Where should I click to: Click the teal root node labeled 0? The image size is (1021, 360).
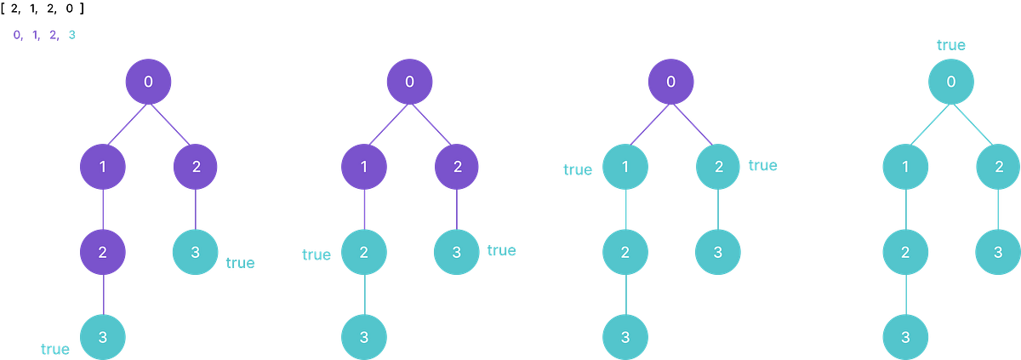[x=951, y=82]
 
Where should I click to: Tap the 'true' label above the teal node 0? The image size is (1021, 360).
[x=951, y=45]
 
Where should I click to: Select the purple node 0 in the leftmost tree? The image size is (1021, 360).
[x=148, y=82]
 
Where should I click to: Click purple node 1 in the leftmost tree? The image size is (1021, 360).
[x=102, y=167]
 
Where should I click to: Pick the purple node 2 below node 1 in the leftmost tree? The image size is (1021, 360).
[x=102, y=252]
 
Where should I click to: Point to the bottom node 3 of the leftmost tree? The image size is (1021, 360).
[x=102, y=336]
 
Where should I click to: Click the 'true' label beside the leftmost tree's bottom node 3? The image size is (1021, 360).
[x=54, y=348]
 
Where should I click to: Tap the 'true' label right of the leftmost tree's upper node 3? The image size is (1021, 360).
[x=240, y=263]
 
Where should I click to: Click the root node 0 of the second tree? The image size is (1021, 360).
[x=410, y=82]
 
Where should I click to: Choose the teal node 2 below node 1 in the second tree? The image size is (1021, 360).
[x=364, y=252]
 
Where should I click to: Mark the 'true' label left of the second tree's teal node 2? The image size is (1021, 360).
[x=316, y=255]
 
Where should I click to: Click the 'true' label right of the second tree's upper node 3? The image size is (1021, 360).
[x=501, y=251]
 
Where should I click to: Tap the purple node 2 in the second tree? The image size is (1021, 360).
[x=457, y=167]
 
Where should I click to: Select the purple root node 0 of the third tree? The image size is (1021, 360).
[x=671, y=82]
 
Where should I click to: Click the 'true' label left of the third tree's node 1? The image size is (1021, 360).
[x=577, y=170]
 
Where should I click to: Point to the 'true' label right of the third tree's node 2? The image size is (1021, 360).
[x=762, y=165]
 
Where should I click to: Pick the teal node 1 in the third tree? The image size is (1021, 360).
[x=625, y=167]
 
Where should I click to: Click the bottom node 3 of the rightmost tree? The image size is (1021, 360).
[x=904, y=336]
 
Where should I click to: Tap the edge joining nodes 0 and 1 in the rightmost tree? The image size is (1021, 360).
[x=928, y=124]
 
